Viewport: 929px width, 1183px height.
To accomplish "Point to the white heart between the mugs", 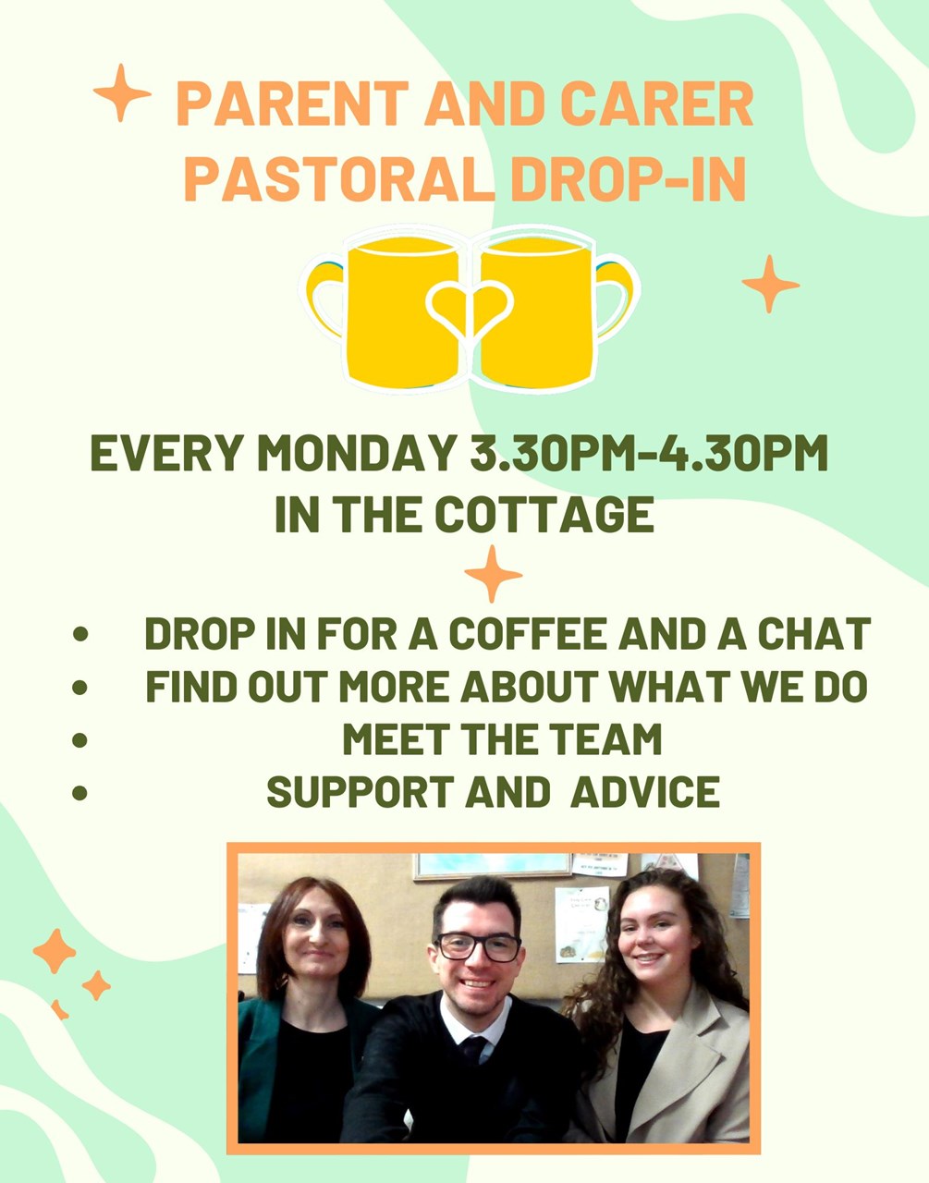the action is (470, 307).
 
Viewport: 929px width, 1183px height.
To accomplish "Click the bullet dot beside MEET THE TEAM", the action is (80, 740).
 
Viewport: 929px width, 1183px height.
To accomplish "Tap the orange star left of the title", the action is (122, 93).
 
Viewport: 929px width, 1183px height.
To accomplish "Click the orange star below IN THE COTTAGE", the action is (493, 574).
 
